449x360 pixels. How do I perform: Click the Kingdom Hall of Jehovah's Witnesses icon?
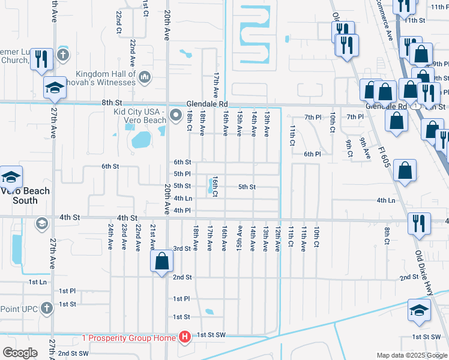pos(145,77)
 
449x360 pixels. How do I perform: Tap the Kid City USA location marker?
pos(176,115)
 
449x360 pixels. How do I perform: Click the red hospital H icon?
pos(185,338)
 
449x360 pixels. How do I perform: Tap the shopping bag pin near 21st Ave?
pos(161,262)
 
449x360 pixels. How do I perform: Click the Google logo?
pos(20,352)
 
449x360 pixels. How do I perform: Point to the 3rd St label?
pos(182,248)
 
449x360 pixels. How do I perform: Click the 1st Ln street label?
pos(37,281)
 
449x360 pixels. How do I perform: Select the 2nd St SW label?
pos(73,353)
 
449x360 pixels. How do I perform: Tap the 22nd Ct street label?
pos(119,22)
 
